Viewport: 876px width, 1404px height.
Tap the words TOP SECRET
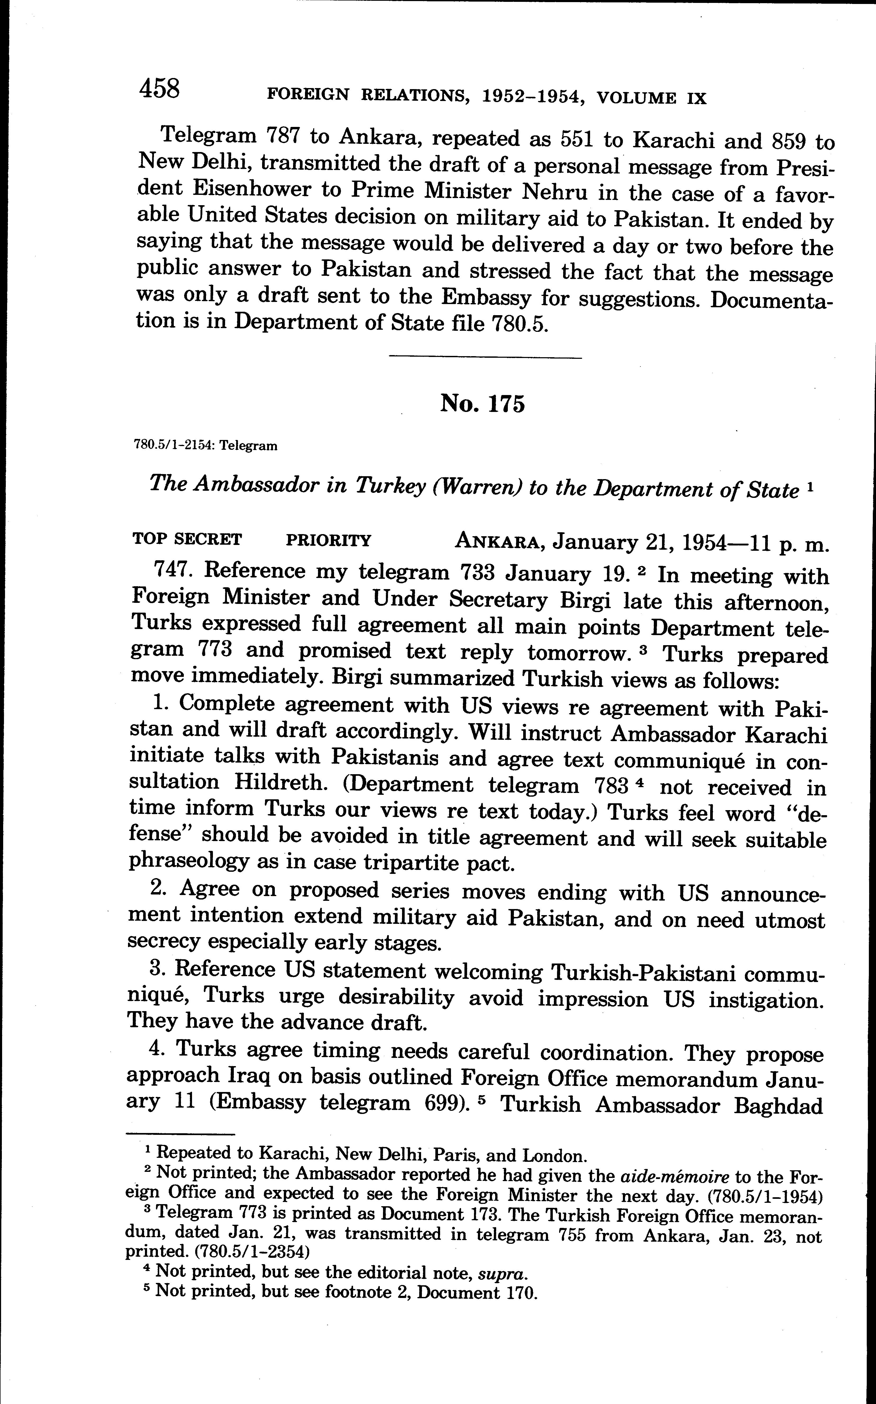[187, 539]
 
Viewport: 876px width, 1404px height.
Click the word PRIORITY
[328, 540]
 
